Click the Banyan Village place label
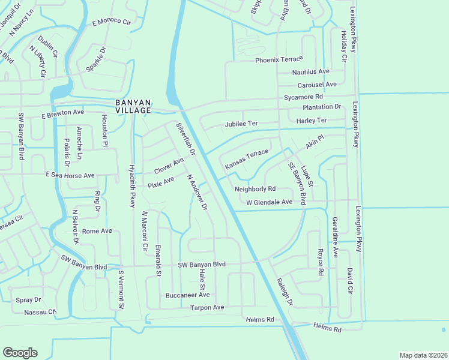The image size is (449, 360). click(133, 106)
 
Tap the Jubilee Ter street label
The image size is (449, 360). click(241, 124)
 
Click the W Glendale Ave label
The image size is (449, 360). click(269, 202)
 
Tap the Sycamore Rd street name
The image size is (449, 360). click(304, 96)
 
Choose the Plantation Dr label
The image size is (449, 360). click(322, 107)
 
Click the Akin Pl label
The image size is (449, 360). click(315, 142)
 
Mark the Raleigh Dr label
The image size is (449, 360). click(285, 292)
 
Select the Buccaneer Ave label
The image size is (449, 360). click(188, 295)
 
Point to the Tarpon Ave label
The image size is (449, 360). click(207, 307)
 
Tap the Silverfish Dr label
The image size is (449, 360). click(185, 140)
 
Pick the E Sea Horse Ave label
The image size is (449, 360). click(71, 175)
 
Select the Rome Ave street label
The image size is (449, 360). click(97, 230)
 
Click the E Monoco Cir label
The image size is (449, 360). click(111, 22)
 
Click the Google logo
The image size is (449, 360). click(20, 353)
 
